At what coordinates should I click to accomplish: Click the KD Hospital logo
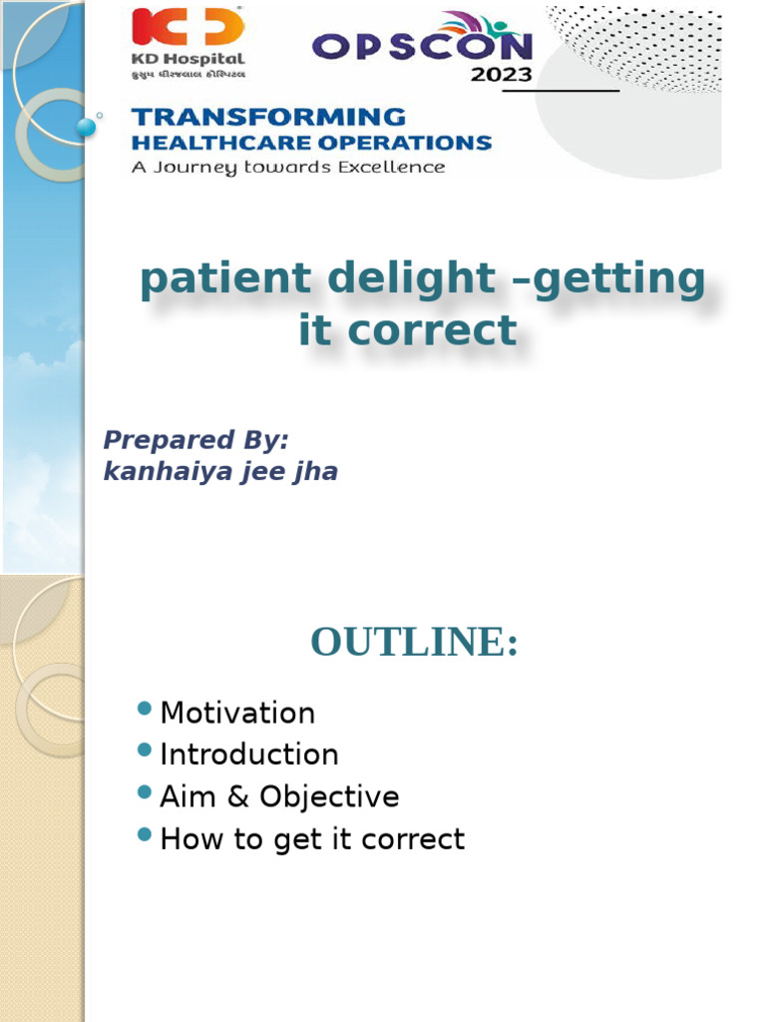(189, 43)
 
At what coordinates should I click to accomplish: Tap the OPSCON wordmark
(422, 46)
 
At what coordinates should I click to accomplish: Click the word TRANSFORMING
(269, 117)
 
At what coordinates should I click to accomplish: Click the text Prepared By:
(196, 439)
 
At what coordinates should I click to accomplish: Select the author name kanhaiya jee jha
(220, 471)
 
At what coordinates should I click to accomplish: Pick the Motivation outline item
(237, 713)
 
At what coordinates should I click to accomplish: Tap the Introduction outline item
(249, 755)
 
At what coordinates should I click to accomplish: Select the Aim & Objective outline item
(279, 796)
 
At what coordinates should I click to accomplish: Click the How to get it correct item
(312, 838)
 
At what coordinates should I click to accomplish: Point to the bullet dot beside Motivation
(145, 709)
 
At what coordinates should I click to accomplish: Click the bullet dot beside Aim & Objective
(145, 792)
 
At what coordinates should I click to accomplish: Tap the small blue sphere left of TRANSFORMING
(87, 126)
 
